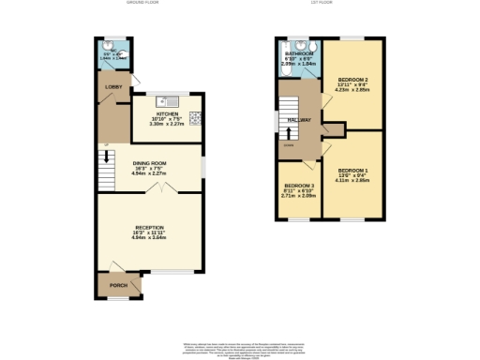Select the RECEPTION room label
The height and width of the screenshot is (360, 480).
(x=150, y=228)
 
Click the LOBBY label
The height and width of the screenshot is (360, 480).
(x=113, y=86)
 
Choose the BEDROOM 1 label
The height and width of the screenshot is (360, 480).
(x=352, y=170)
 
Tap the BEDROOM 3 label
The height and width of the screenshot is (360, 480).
(x=298, y=186)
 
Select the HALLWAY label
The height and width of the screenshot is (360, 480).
(x=299, y=121)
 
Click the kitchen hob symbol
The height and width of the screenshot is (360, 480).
(x=196, y=117)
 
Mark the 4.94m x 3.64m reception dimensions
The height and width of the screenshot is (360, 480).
(x=150, y=238)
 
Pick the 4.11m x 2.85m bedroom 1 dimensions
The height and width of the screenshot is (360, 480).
(x=352, y=181)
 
